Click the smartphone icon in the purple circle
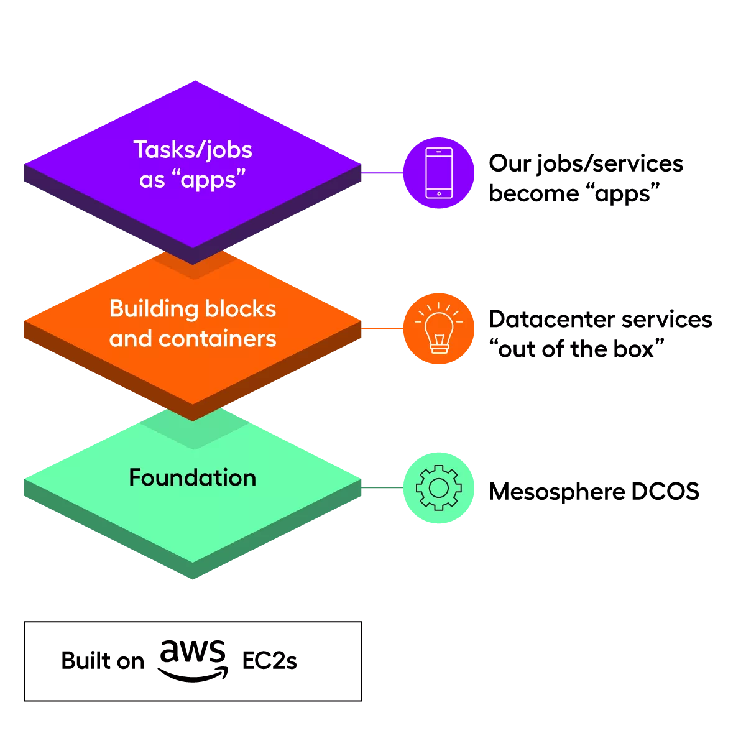pyautogui.click(x=439, y=173)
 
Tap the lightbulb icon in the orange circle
pyautogui.click(x=439, y=328)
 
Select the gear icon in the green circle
pyautogui.click(x=439, y=488)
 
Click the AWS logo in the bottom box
pyautogui.click(x=192, y=661)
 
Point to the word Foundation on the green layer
pyautogui.click(x=192, y=477)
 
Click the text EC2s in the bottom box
pyautogui.click(x=269, y=660)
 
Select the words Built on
pyautogui.click(x=103, y=660)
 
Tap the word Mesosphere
pyautogui.click(x=556, y=492)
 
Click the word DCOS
pyautogui.click(x=665, y=491)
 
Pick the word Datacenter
pyautogui.click(x=552, y=319)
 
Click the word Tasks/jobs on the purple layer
pyautogui.click(x=193, y=150)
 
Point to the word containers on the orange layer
pyautogui.click(x=218, y=339)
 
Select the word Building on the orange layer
pyautogui.click(x=154, y=310)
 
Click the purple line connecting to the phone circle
pyautogui.click(x=382, y=173)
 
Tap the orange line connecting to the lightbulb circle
pyautogui.click(x=382, y=328)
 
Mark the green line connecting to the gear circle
pyautogui.click(x=382, y=487)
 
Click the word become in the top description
pyautogui.click(x=534, y=193)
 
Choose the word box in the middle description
pyautogui.click(x=633, y=349)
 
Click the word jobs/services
pyautogui.click(x=610, y=164)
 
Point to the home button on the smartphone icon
pyautogui.click(x=439, y=193)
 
